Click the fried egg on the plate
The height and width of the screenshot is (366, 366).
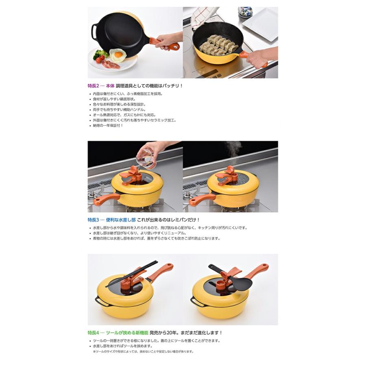point(118,54)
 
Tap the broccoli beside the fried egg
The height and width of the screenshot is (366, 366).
point(100,54)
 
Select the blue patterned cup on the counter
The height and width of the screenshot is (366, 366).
point(245,12)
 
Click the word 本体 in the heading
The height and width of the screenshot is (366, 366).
point(110,86)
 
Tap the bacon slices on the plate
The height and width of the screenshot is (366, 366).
point(111,64)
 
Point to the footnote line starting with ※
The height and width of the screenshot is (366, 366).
point(143,352)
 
